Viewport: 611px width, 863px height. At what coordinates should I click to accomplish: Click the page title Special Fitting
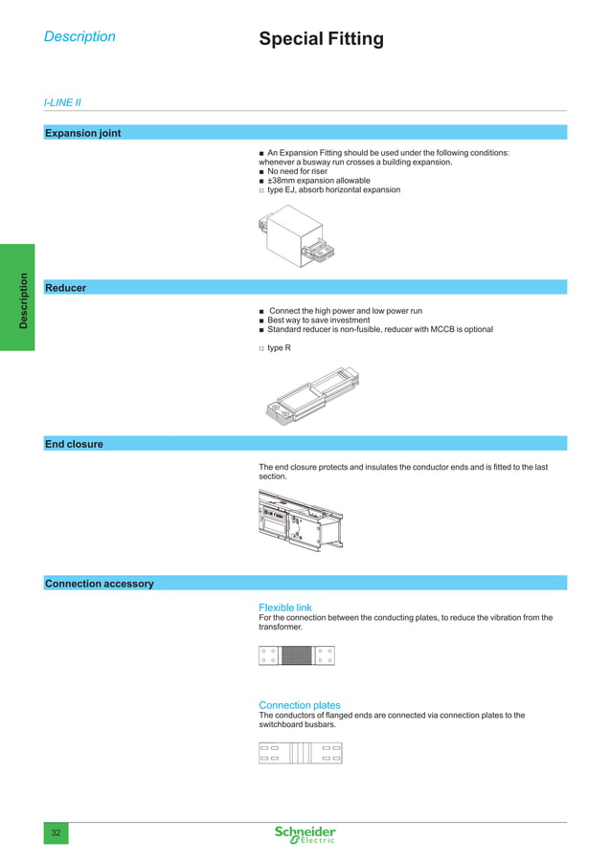pyautogui.click(x=321, y=39)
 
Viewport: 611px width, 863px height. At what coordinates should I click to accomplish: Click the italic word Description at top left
pyautogui.click(x=79, y=37)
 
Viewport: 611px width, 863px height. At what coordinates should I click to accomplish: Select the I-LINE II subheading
pyautogui.click(x=62, y=101)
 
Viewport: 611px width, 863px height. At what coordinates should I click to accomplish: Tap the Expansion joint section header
pyautogui.click(x=83, y=133)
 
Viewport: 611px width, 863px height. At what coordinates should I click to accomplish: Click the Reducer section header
pyautogui.click(x=66, y=287)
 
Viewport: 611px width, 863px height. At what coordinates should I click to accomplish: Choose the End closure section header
pyautogui.click(x=75, y=444)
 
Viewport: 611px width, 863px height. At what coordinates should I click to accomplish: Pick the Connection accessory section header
pyautogui.click(x=100, y=584)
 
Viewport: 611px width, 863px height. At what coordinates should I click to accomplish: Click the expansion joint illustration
pyautogui.click(x=300, y=236)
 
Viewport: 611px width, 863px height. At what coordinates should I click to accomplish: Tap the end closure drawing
pyautogui.click(x=301, y=520)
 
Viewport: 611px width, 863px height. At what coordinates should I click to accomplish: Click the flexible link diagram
pyautogui.click(x=297, y=655)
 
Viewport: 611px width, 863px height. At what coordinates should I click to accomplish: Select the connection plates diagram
pyautogui.click(x=301, y=752)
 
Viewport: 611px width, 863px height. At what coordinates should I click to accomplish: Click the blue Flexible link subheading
pyautogui.click(x=285, y=608)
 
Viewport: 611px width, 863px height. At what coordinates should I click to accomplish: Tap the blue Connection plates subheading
pyautogui.click(x=300, y=705)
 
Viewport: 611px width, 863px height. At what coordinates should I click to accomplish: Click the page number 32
pyautogui.click(x=56, y=834)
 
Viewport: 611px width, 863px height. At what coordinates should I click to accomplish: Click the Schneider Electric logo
pyautogui.click(x=305, y=834)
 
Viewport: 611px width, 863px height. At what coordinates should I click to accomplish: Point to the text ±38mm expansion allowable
pyautogui.click(x=318, y=181)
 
